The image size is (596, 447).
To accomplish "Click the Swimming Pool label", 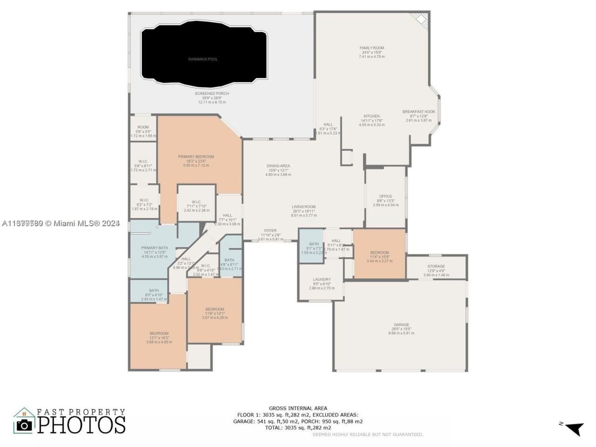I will point(203,59).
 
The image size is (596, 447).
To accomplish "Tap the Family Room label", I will point(372,48).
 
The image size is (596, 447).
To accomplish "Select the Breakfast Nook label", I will point(419,112).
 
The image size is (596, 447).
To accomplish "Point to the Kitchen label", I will point(372,116).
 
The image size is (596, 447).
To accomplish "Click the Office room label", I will point(386,196).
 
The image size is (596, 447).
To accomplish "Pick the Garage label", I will point(401,325).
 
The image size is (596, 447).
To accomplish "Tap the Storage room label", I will point(436,266).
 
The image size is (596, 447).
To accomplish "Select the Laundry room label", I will point(322,280).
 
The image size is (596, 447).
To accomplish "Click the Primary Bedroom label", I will point(196,157).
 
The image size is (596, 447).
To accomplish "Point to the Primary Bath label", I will point(154,248).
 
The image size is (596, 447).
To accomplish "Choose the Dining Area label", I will point(278,166).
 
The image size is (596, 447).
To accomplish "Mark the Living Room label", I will point(304,207).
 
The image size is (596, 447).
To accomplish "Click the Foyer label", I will point(270,231).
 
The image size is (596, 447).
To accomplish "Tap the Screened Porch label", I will point(212,94).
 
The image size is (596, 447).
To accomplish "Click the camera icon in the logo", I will point(23,425).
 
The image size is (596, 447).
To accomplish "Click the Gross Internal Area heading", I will point(298,408).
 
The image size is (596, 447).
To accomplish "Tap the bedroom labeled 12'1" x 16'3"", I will point(159,333).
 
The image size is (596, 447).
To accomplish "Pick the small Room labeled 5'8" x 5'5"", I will point(143,127).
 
